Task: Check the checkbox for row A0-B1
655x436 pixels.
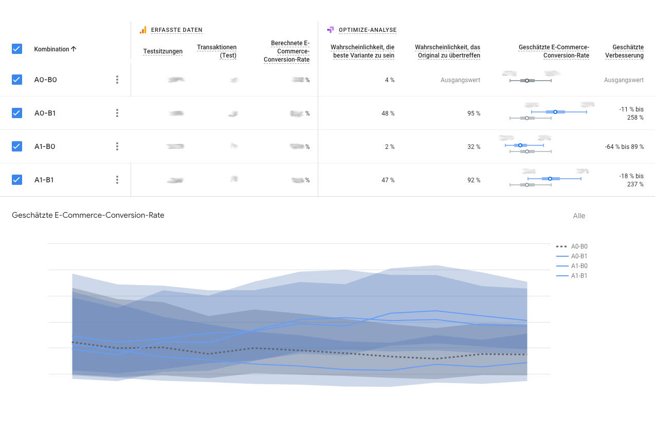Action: pos(17,113)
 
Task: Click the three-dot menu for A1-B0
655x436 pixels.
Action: pos(117,146)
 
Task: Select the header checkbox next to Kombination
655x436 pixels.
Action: pos(17,49)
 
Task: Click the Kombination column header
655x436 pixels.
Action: pos(55,49)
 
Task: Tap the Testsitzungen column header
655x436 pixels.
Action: pos(163,51)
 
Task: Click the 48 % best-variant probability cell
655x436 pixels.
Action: pos(388,113)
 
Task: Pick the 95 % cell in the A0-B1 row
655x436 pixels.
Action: pos(474,113)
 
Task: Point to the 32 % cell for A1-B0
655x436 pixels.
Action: pos(474,147)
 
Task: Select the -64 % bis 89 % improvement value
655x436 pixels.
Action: pos(624,147)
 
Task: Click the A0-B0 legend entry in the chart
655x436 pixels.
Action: pos(579,247)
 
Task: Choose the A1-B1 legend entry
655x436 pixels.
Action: pos(579,276)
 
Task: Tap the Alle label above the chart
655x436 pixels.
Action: pos(579,216)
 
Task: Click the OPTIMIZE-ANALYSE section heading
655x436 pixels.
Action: pos(368,30)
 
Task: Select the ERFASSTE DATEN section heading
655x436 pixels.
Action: pos(177,30)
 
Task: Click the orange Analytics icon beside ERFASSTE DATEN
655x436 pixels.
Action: pos(143,30)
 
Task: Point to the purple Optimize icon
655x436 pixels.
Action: pos(331,30)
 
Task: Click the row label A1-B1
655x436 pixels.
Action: pos(44,180)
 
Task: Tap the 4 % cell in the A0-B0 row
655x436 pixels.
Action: pos(389,80)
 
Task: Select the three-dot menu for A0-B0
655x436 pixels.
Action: pos(117,80)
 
